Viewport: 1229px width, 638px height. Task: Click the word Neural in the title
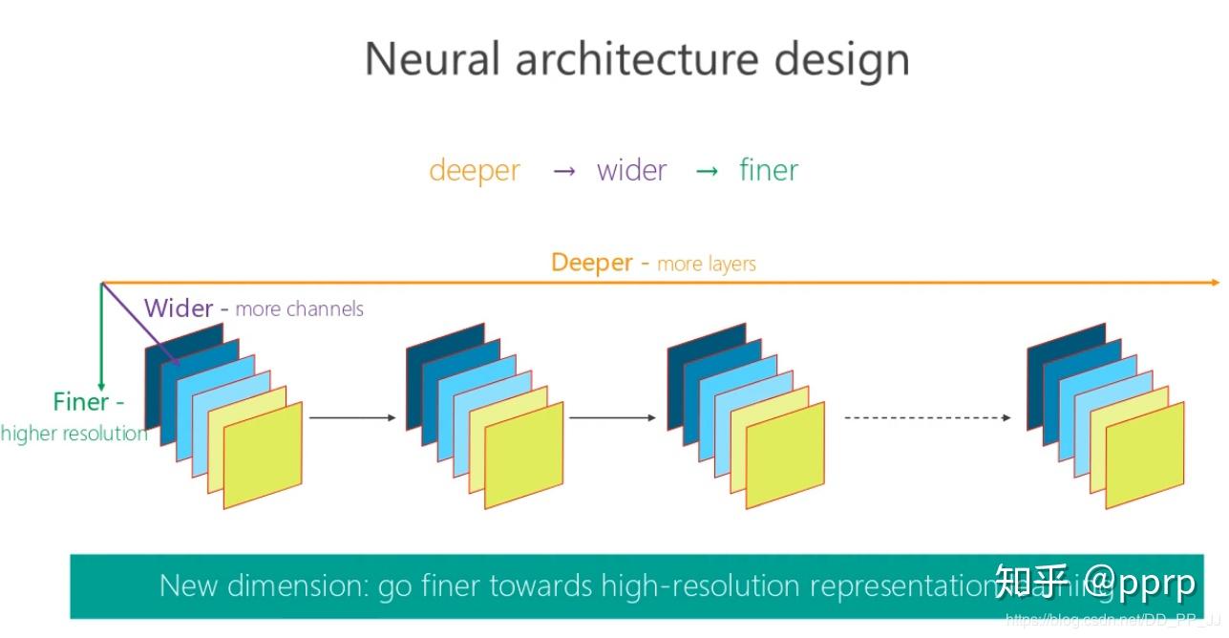[432, 59]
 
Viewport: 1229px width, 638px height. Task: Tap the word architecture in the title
[637, 59]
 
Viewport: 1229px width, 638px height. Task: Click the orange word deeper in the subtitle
[475, 171]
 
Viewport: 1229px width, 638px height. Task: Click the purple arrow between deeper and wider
[564, 172]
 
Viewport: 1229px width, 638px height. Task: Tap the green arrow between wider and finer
[707, 172]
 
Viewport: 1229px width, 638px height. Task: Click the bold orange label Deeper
[592, 263]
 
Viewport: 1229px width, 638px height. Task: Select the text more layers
[707, 265]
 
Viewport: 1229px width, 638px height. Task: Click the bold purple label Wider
[179, 308]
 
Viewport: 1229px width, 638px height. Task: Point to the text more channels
[299, 309]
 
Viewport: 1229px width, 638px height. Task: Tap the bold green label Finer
[82, 402]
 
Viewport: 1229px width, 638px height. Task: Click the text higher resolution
[74, 435]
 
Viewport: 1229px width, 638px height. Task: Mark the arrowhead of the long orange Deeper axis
[1214, 283]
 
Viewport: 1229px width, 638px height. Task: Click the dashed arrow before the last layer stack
[926, 417]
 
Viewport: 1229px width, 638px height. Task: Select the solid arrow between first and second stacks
[351, 417]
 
